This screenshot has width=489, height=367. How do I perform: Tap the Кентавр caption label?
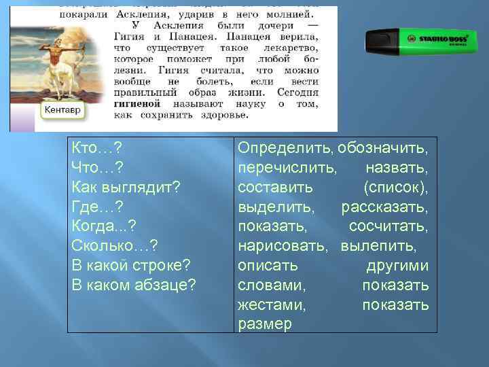click(63, 109)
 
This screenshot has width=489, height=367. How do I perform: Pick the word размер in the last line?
click(265, 324)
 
